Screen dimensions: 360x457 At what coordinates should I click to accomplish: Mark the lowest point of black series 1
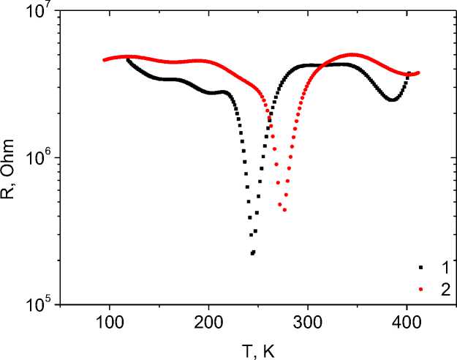tap(252, 253)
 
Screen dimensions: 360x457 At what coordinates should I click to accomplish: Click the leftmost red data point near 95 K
tap(104, 60)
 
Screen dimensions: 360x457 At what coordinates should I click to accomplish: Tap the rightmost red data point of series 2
tap(418, 72)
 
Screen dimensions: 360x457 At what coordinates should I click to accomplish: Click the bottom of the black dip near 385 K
tap(393, 100)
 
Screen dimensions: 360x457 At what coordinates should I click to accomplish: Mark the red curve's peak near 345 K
tap(352, 54)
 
